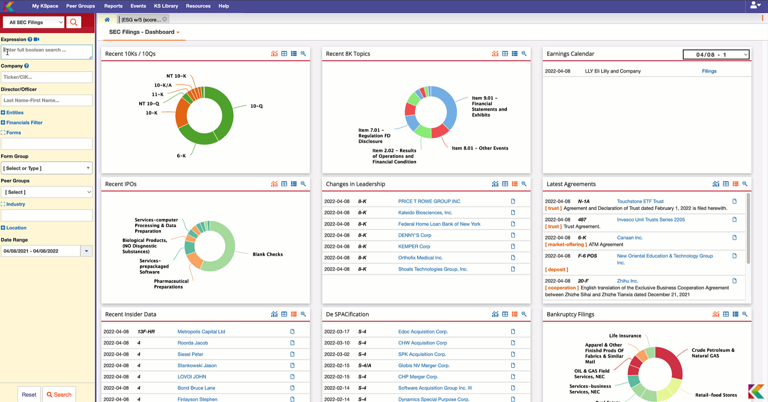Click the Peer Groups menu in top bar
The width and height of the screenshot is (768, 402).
click(80, 6)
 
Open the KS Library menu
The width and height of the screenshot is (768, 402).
click(166, 6)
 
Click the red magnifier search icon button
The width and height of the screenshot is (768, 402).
click(74, 22)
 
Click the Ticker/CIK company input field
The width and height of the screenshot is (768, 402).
click(46, 77)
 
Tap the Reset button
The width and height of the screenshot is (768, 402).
click(29, 394)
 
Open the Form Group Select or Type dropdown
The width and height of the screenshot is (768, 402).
click(46, 168)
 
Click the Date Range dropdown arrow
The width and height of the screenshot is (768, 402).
click(86, 251)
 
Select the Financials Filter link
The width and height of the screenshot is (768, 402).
click(24, 123)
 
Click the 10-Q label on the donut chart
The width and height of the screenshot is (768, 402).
click(256, 106)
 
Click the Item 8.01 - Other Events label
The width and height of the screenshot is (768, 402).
click(480, 148)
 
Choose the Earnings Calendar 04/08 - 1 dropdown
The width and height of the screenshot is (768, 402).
click(716, 54)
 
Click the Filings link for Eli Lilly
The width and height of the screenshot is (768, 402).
click(709, 71)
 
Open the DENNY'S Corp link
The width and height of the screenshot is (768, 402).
click(414, 235)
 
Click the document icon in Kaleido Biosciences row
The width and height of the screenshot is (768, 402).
click(513, 213)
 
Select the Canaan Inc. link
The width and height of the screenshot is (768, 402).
click(630, 238)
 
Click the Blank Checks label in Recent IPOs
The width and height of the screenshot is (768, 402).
click(268, 254)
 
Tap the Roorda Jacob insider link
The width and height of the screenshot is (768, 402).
click(192, 343)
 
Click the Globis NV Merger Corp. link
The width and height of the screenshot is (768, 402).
click(424, 366)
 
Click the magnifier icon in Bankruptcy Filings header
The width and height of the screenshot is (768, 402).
click(745, 314)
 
